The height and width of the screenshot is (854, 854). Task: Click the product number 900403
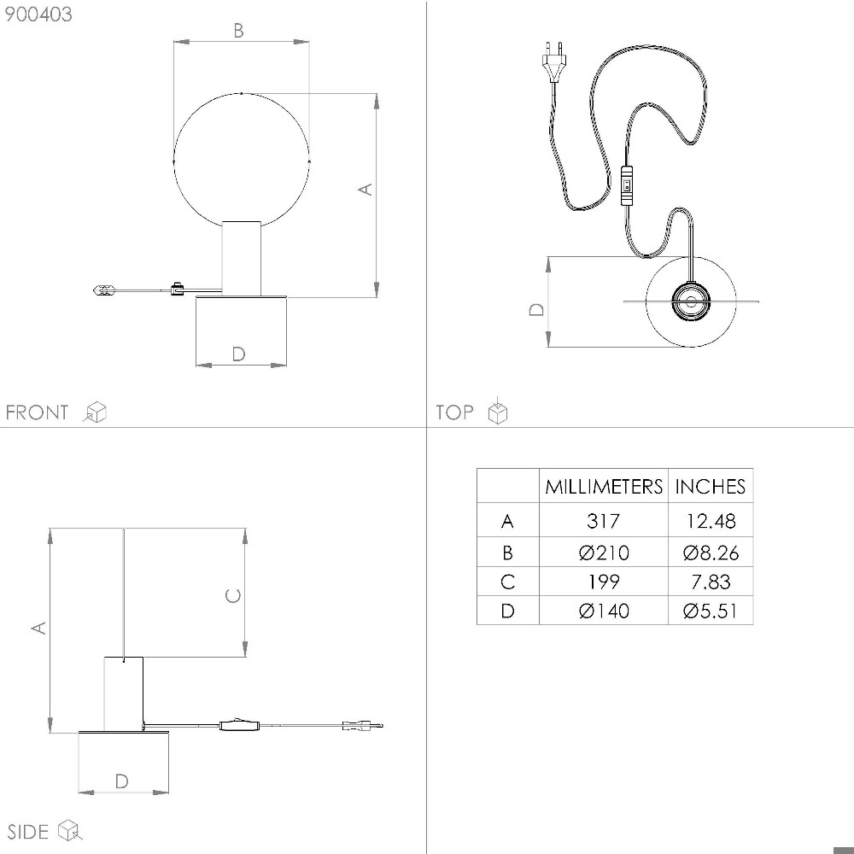point(38,15)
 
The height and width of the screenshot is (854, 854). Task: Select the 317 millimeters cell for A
point(604,521)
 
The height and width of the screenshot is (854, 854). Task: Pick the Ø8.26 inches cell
point(711,553)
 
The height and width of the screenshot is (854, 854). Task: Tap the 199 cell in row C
point(604,582)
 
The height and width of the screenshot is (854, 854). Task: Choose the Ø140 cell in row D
point(604,611)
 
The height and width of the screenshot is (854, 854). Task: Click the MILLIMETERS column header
point(604,487)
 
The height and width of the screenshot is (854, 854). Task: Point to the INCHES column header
point(711,487)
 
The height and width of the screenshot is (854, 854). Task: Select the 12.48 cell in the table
point(711,521)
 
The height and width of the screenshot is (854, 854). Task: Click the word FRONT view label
point(37,412)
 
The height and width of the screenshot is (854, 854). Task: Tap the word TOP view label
point(454,412)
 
